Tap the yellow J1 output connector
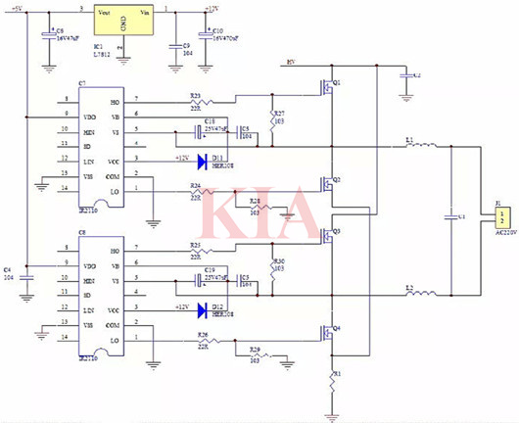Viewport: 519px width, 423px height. (502, 217)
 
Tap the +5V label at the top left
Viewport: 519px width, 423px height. (18, 9)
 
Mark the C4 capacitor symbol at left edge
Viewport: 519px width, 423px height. (26, 277)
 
